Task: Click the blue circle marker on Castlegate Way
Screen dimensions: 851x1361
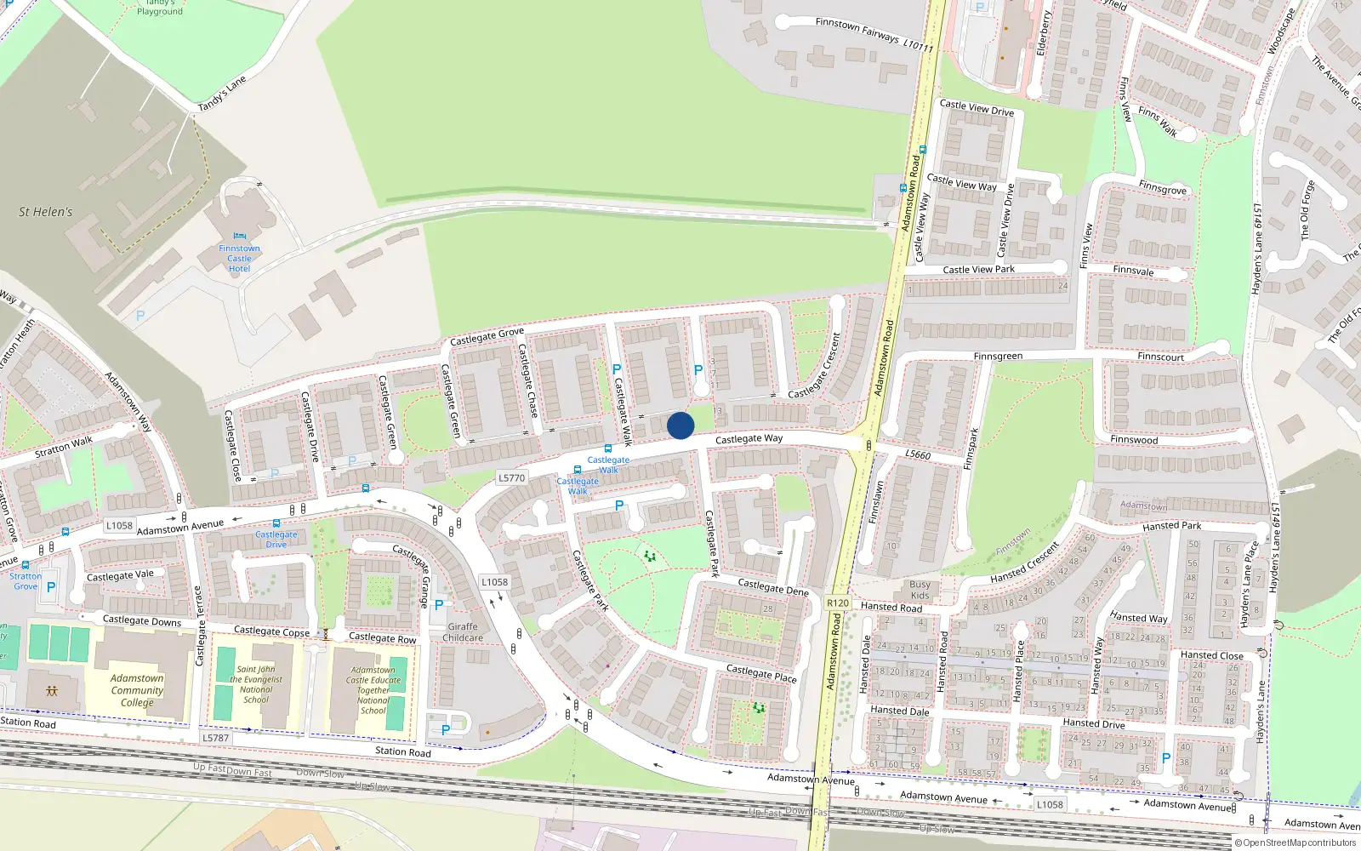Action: [x=680, y=425]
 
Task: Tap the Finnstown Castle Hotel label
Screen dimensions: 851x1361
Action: [x=239, y=258]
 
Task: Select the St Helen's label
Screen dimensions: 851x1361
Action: [x=46, y=212]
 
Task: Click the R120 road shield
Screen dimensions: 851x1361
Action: [x=838, y=603]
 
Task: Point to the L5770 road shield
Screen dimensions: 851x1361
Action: [x=511, y=478]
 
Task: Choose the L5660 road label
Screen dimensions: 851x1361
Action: [x=918, y=454]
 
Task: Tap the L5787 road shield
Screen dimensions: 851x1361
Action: [x=216, y=738]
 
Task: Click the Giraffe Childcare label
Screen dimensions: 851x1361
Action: [x=463, y=632]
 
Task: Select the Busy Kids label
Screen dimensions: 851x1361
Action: [x=920, y=590]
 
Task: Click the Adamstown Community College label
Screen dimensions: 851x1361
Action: [x=137, y=690]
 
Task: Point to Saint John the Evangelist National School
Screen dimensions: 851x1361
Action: [x=256, y=684]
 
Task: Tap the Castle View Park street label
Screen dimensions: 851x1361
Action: [x=978, y=270]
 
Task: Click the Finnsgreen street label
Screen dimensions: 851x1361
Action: [x=998, y=357]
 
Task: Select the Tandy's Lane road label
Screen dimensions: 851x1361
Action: [x=222, y=94]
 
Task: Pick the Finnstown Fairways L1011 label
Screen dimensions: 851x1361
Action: [x=874, y=34]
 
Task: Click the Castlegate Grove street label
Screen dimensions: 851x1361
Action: [x=487, y=337]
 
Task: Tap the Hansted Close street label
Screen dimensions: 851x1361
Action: [x=1211, y=655]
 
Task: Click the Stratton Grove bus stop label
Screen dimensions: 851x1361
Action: [x=26, y=580]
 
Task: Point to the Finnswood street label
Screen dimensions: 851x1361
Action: [x=1134, y=440]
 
